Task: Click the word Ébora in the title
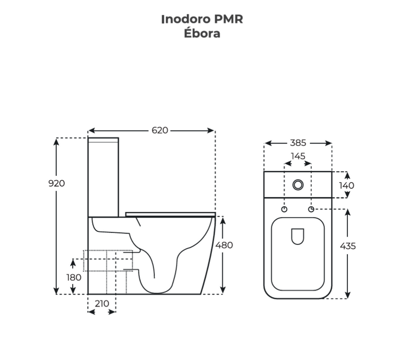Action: tap(202, 34)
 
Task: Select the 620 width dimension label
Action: tap(160, 131)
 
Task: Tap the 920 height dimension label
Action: tap(57, 183)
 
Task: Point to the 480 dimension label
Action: tap(224, 245)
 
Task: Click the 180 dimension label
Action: tap(74, 277)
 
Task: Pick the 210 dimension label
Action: tap(102, 303)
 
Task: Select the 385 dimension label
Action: tap(298, 143)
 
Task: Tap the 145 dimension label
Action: tap(298, 156)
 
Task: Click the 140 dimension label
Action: tap(346, 185)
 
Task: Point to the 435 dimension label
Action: tap(348, 246)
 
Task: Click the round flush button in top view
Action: tap(298, 185)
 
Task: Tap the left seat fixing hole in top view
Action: tap(285, 209)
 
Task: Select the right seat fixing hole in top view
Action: tap(311, 209)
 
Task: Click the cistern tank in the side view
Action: tap(103, 175)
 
